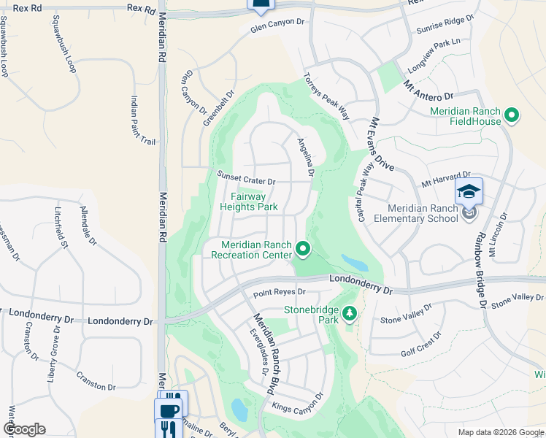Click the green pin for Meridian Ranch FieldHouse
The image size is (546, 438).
[x=512, y=115]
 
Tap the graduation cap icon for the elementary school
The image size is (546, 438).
[x=469, y=191]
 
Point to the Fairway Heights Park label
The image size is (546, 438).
[x=249, y=201]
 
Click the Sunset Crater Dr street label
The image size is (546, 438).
[x=246, y=178]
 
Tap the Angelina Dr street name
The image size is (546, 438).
[x=305, y=157]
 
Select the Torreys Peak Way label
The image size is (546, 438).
[x=327, y=96]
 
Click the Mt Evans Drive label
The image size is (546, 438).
[x=382, y=144]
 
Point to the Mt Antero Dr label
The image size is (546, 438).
[x=428, y=91]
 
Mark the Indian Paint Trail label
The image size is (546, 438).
[x=143, y=120]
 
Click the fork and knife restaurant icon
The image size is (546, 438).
[x=168, y=428]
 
